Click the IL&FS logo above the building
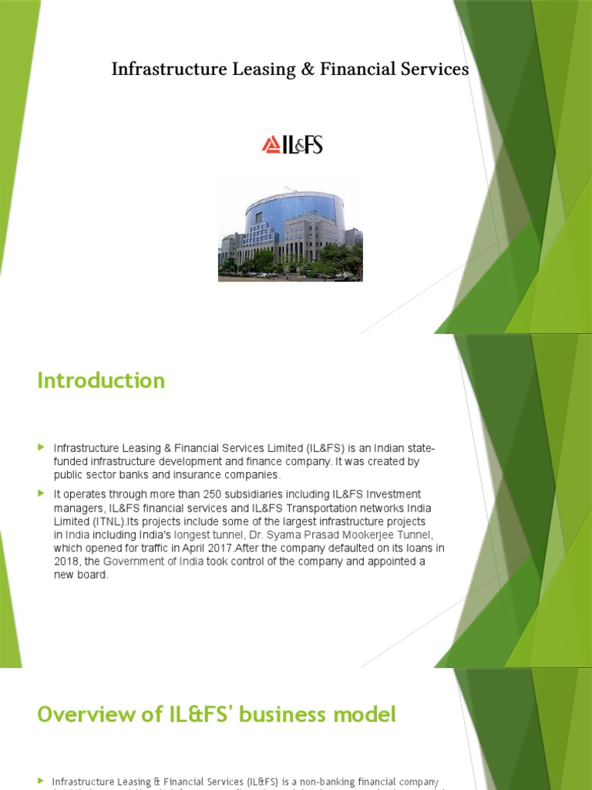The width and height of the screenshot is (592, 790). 292,144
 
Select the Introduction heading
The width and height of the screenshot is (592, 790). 101,380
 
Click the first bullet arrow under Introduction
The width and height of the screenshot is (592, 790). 41,447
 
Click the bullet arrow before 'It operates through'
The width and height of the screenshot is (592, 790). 41,492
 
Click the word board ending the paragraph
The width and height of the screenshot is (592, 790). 96,576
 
